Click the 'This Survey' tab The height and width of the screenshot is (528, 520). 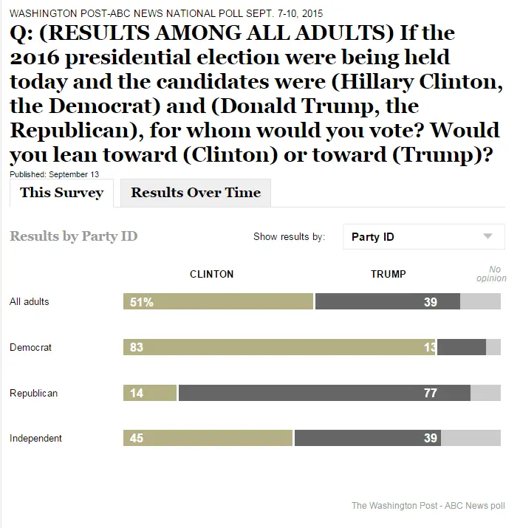[x=61, y=193]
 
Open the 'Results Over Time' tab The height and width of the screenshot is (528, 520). [x=196, y=193]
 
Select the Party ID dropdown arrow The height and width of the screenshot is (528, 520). [x=487, y=236]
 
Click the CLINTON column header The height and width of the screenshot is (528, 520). [x=211, y=274]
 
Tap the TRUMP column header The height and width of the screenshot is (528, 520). [x=388, y=274]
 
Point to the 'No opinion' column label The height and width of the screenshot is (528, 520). [x=491, y=274]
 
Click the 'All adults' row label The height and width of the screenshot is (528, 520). [x=30, y=301]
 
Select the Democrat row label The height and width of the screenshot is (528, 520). [x=30, y=347]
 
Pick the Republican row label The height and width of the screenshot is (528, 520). [x=33, y=393]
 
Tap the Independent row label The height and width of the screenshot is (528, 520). [x=35, y=438]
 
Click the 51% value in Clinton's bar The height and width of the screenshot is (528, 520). [x=141, y=301]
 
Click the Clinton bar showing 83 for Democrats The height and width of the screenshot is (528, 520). [x=279, y=347]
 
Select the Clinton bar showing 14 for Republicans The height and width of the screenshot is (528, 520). [x=150, y=393]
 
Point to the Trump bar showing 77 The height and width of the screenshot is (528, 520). [x=324, y=393]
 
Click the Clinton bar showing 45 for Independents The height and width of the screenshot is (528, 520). [x=208, y=438]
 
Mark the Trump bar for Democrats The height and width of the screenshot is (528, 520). [x=461, y=347]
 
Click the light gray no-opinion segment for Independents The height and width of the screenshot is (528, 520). [x=471, y=438]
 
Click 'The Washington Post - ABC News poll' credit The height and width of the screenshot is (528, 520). [x=428, y=506]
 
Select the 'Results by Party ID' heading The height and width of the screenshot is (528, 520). [x=73, y=236]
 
